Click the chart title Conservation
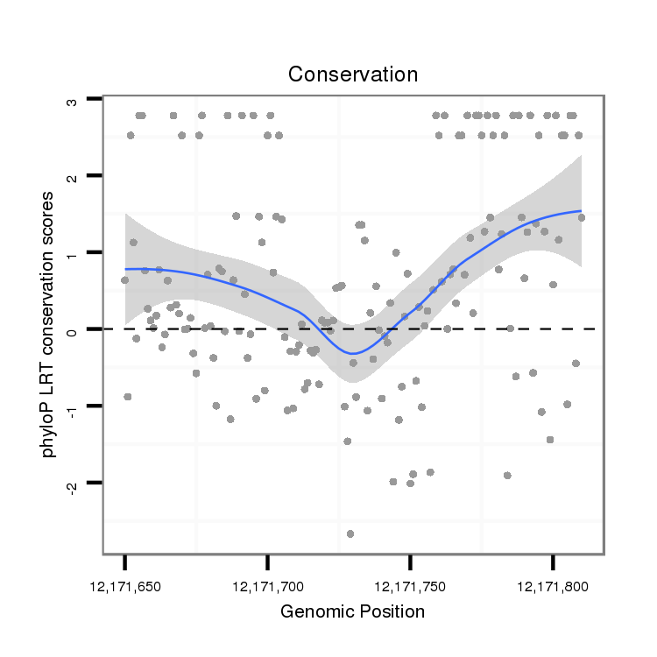click(x=353, y=74)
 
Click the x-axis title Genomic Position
click(x=352, y=611)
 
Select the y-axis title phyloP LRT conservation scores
click(x=52, y=325)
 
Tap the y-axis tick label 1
click(x=73, y=253)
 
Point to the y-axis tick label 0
click(x=73, y=329)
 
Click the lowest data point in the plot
click(x=350, y=533)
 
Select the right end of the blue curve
click(x=580, y=211)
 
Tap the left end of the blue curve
click(x=125, y=269)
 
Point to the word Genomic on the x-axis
click(x=315, y=611)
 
